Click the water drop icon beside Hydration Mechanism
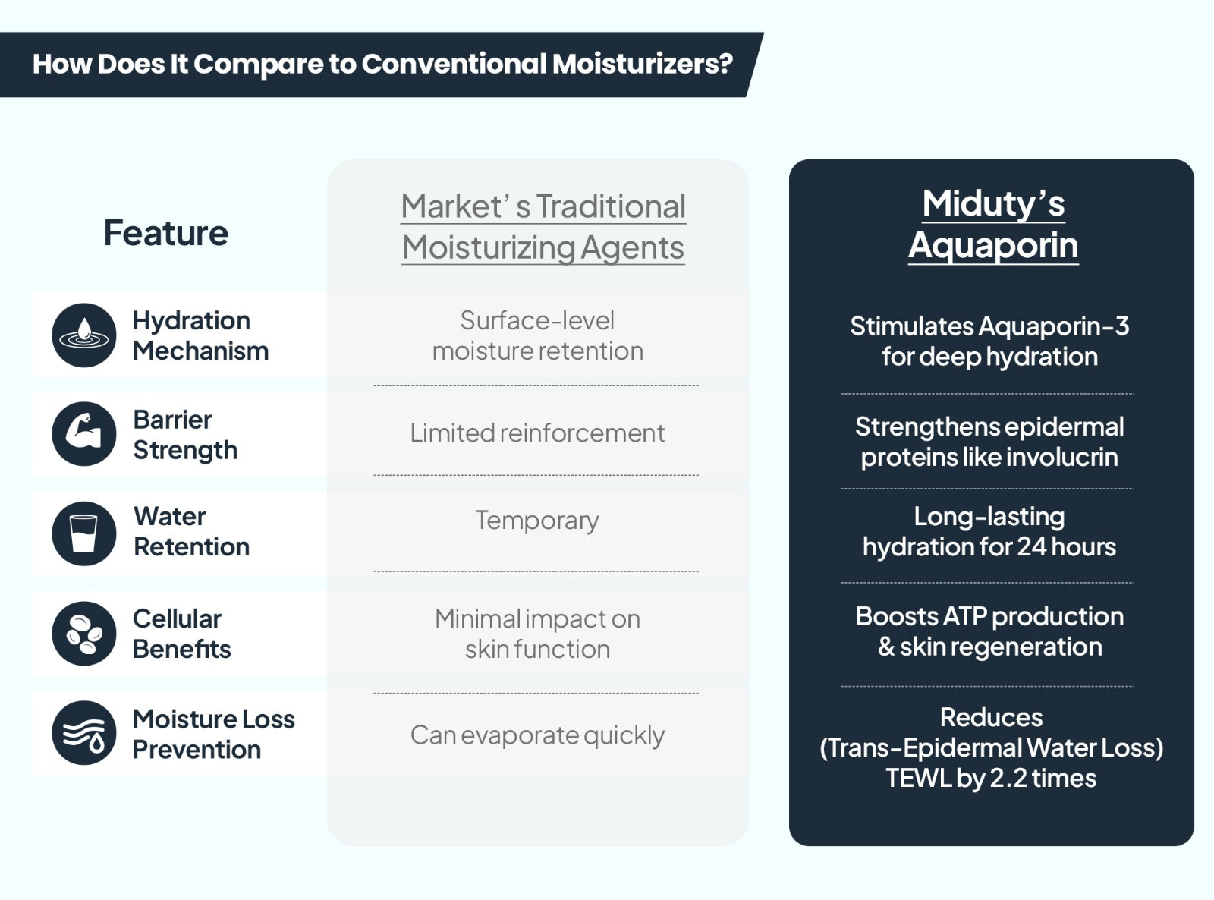point(83,335)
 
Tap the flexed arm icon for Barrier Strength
point(83,434)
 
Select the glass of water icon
point(83,533)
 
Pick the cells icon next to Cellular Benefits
point(83,634)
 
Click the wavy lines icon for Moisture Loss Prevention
point(83,733)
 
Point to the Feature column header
point(166,233)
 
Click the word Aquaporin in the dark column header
point(993,246)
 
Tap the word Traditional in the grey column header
point(611,206)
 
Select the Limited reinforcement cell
point(537,433)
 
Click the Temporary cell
point(537,521)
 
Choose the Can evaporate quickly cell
point(537,735)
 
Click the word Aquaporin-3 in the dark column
point(1053,326)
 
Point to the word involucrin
point(1061,457)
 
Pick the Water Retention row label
point(191,531)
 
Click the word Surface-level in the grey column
point(537,321)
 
